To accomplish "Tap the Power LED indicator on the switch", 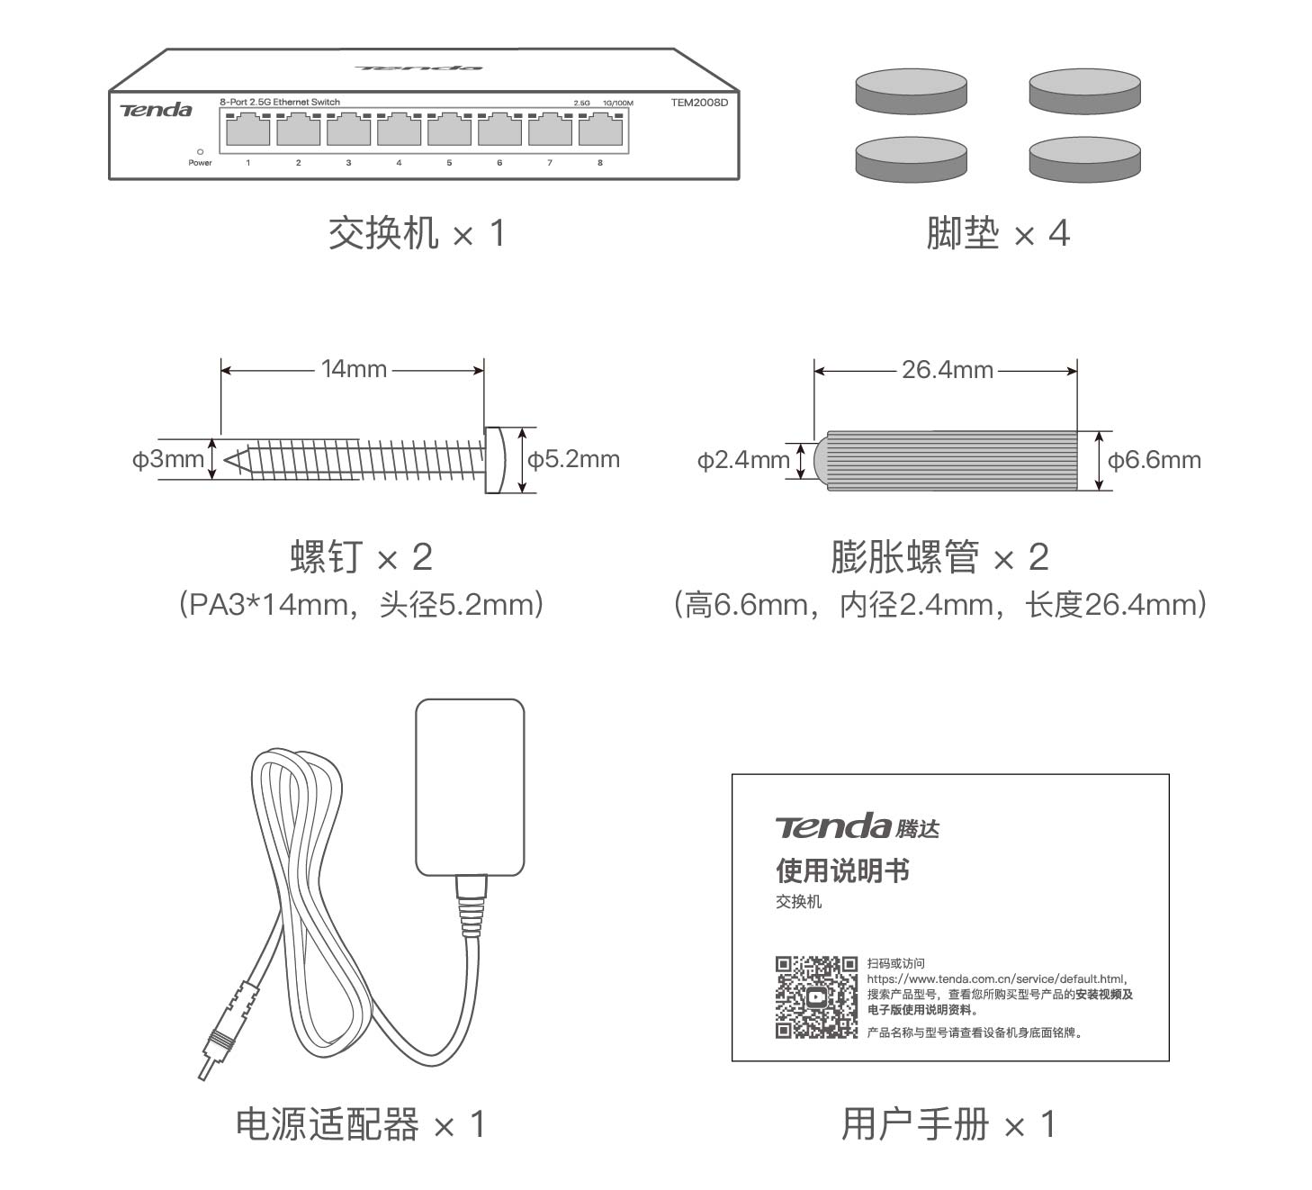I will (x=200, y=152).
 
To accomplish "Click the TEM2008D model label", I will (x=698, y=103).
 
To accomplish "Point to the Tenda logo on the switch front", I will (x=157, y=110).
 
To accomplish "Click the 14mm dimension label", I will (x=354, y=369).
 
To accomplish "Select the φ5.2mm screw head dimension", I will (x=574, y=460).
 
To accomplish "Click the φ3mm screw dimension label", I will (x=168, y=459).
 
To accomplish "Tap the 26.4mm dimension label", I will (x=947, y=370).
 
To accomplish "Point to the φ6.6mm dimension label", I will (x=1155, y=461).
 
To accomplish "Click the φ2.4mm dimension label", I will (x=743, y=460).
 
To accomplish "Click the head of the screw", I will (x=493, y=460).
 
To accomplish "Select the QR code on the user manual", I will (x=816, y=997).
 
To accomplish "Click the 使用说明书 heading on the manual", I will (x=842, y=870).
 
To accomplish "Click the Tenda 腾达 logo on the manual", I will (x=857, y=826).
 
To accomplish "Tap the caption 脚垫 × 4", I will (x=997, y=234).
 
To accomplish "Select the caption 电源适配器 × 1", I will (x=360, y=1124).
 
